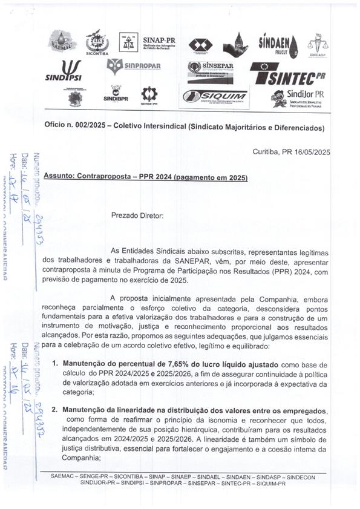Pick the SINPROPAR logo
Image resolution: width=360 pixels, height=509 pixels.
point(135,66)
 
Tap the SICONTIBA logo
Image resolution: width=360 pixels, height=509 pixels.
point(97,42)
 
